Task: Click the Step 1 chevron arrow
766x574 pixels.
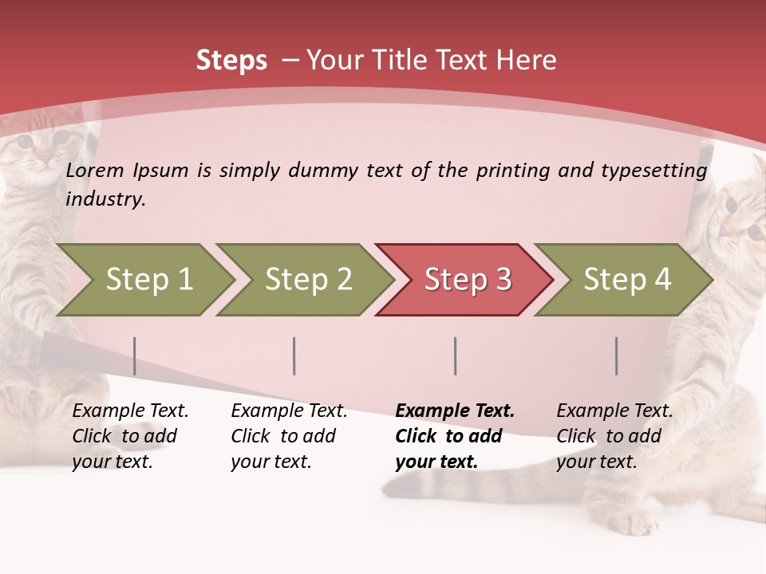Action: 148,279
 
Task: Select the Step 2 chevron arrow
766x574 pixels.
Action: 308,279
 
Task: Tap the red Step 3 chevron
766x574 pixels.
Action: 468,279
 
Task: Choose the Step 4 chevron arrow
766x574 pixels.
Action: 627,279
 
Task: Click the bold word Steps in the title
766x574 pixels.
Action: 231,61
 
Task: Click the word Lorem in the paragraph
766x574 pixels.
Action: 95,170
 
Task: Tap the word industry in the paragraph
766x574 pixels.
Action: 105,199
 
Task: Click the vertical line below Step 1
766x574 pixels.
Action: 134,356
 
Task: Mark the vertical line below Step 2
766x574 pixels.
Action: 294,356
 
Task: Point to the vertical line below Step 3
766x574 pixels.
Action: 455,356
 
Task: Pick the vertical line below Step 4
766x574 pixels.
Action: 616,356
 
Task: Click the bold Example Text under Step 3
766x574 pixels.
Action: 455,411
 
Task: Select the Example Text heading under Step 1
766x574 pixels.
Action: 130,411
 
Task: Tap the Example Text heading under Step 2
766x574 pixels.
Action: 289,411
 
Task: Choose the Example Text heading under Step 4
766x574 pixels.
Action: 614,411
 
